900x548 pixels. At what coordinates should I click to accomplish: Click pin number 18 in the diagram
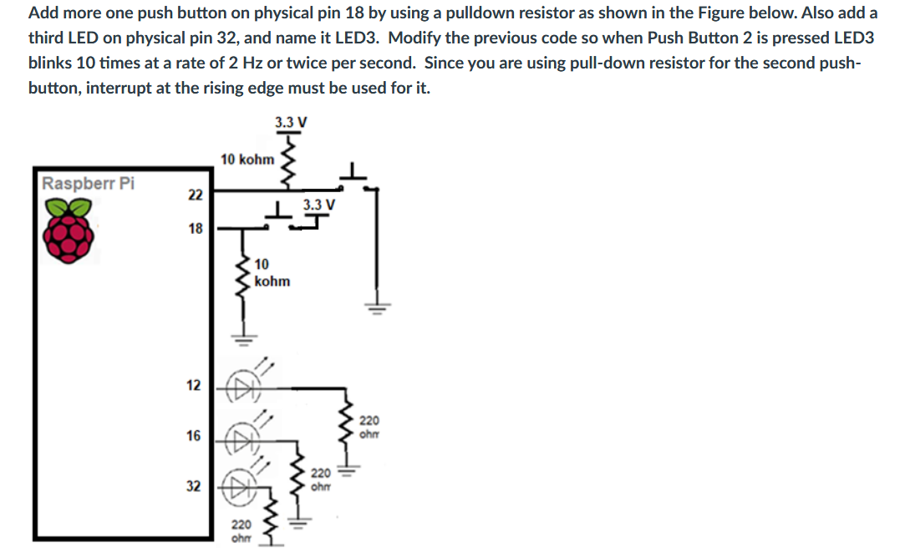[195, 228]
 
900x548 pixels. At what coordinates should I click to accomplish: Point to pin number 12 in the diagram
[193, 385]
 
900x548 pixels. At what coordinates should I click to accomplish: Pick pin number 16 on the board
[193, 435]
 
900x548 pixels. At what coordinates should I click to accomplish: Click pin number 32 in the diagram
[193, 486]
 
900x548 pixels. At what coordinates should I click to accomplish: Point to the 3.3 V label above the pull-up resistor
[290, 123]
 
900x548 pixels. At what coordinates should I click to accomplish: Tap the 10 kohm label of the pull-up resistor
[247, 159]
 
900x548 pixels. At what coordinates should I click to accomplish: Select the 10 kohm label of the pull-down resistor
[272, 273]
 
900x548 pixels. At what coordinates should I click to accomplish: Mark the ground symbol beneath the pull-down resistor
[244, 339]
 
